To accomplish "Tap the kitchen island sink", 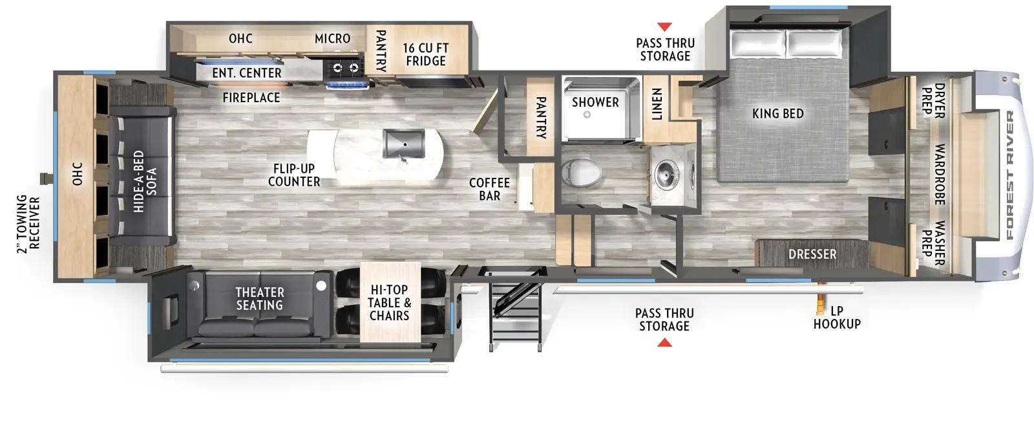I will (x=399, y=143).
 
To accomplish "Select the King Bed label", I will (x=778, y=114).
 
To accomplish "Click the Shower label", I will (x=595, y=102).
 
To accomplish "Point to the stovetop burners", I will (x=346, y=66).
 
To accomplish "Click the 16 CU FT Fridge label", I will (x=425, y=54).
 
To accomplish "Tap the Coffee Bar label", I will (x=489, y=189).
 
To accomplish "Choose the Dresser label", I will (x=812, y=254).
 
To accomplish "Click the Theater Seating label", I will (x=259, y=299).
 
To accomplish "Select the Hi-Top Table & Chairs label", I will (x=389, y=303).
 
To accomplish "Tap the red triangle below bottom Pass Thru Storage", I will (x=664, y=342).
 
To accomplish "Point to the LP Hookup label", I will (x=837, y=317).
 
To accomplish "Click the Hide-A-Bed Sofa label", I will (x=142, y=182).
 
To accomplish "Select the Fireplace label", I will (x=251, y=98).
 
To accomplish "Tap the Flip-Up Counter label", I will (x=294, y=175).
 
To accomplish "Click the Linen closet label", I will (x=657, y=104).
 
